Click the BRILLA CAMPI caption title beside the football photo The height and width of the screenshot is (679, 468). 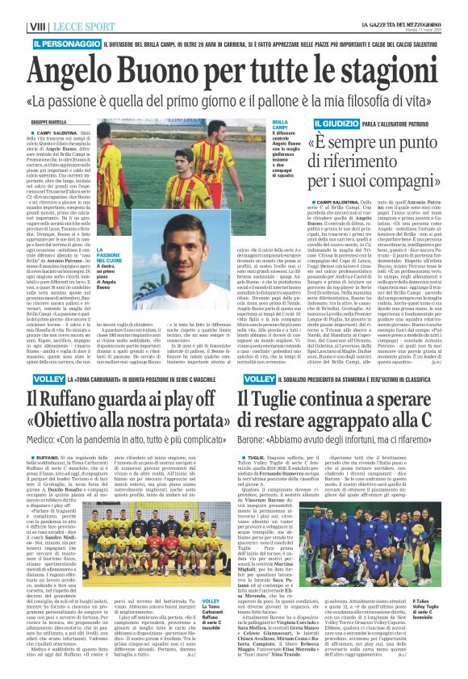(258, 126)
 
